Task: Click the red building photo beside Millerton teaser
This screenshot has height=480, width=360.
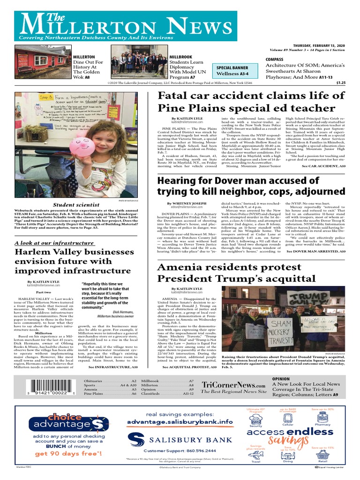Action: coord(42,62)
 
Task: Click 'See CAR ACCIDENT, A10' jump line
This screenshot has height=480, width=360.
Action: coord(323,166)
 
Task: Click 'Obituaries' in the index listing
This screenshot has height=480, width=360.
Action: coord(94,382)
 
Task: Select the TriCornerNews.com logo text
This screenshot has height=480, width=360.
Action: coord(231,384)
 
